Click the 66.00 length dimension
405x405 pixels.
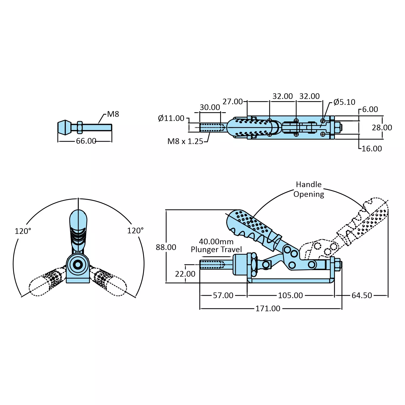86,141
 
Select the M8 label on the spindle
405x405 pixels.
113,114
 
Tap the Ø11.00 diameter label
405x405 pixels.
171,118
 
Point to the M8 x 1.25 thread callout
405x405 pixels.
185,141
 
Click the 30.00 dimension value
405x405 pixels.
210,107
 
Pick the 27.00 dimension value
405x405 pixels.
233,102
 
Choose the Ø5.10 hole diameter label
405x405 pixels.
344,102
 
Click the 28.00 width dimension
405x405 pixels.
382,128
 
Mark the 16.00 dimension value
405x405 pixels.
372,149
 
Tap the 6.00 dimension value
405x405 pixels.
370,109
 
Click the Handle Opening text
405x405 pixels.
309,189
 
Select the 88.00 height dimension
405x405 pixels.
166,247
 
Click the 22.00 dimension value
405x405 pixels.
185,274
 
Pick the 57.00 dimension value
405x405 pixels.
223,295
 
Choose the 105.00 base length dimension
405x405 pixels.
290,295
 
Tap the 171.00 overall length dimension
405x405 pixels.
268,308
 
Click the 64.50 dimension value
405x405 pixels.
362,295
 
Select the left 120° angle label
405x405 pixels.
23,231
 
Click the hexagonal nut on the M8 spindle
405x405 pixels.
79,127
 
